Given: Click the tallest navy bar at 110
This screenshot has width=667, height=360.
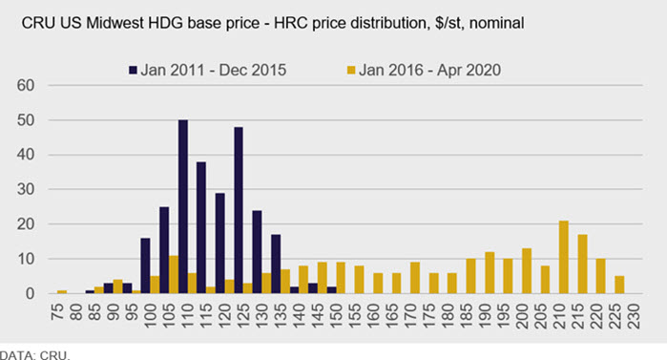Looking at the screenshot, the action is point(183,206).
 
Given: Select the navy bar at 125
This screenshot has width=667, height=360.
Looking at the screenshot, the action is point(239,210).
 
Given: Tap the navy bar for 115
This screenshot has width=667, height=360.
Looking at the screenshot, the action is point(201,227).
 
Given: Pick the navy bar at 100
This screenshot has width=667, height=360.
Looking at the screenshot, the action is point(145,265).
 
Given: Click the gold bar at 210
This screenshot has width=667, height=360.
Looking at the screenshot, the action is point(564,257).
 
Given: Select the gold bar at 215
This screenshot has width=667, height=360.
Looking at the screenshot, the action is point(582,264).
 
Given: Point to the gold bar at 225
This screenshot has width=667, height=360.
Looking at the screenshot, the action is point(619,285).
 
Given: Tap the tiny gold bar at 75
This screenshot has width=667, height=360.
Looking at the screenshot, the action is point(62,292).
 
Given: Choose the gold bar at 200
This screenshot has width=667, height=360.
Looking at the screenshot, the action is point(527,270).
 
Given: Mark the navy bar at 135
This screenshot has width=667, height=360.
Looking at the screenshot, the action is point(276,264).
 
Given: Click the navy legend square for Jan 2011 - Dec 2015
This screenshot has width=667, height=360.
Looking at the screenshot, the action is point(133,71).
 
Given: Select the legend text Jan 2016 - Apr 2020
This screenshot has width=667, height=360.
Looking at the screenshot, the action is point(429,71).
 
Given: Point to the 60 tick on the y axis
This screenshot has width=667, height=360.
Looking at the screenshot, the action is point(26,86).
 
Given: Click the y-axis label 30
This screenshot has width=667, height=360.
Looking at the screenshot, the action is point(26,189).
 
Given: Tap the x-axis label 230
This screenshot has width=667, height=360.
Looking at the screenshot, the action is point(634,316).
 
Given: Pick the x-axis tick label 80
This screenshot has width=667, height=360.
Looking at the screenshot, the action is point(76,311).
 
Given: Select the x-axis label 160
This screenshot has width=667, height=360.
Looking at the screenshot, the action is point(373,316).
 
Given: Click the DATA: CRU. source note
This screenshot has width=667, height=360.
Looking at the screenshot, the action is point(35,355).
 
